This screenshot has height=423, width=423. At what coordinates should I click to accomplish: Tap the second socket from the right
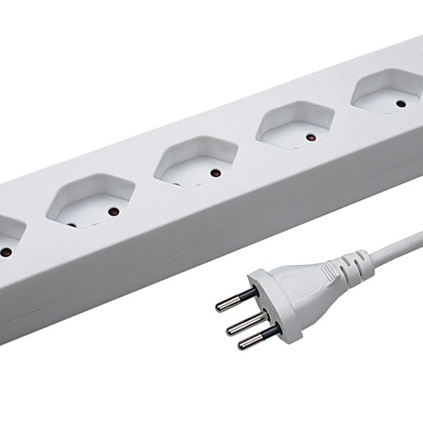(x=295, y=123)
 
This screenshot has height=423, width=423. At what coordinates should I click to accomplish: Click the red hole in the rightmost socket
(x=401, y=104)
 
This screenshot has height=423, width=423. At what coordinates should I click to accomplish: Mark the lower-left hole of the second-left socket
(x=73, y=226)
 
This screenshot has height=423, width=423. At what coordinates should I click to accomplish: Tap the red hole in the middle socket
(x=215, y=171)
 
